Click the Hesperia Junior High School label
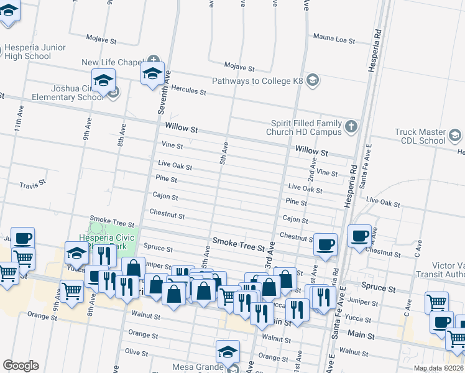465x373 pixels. tap(29, 52)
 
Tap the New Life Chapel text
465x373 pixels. tap(113, 63)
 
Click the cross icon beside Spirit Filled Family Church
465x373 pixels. tap(351, 127)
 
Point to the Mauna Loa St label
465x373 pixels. tap(334, 40)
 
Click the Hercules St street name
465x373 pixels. tap(188, 91)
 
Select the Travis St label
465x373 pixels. tap(32, 185)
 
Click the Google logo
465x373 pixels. tap(21, 366)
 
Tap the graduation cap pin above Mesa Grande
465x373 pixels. tap(228, 352)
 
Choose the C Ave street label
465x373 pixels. tap(408, 305)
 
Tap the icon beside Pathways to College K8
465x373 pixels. tap(313, 81)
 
